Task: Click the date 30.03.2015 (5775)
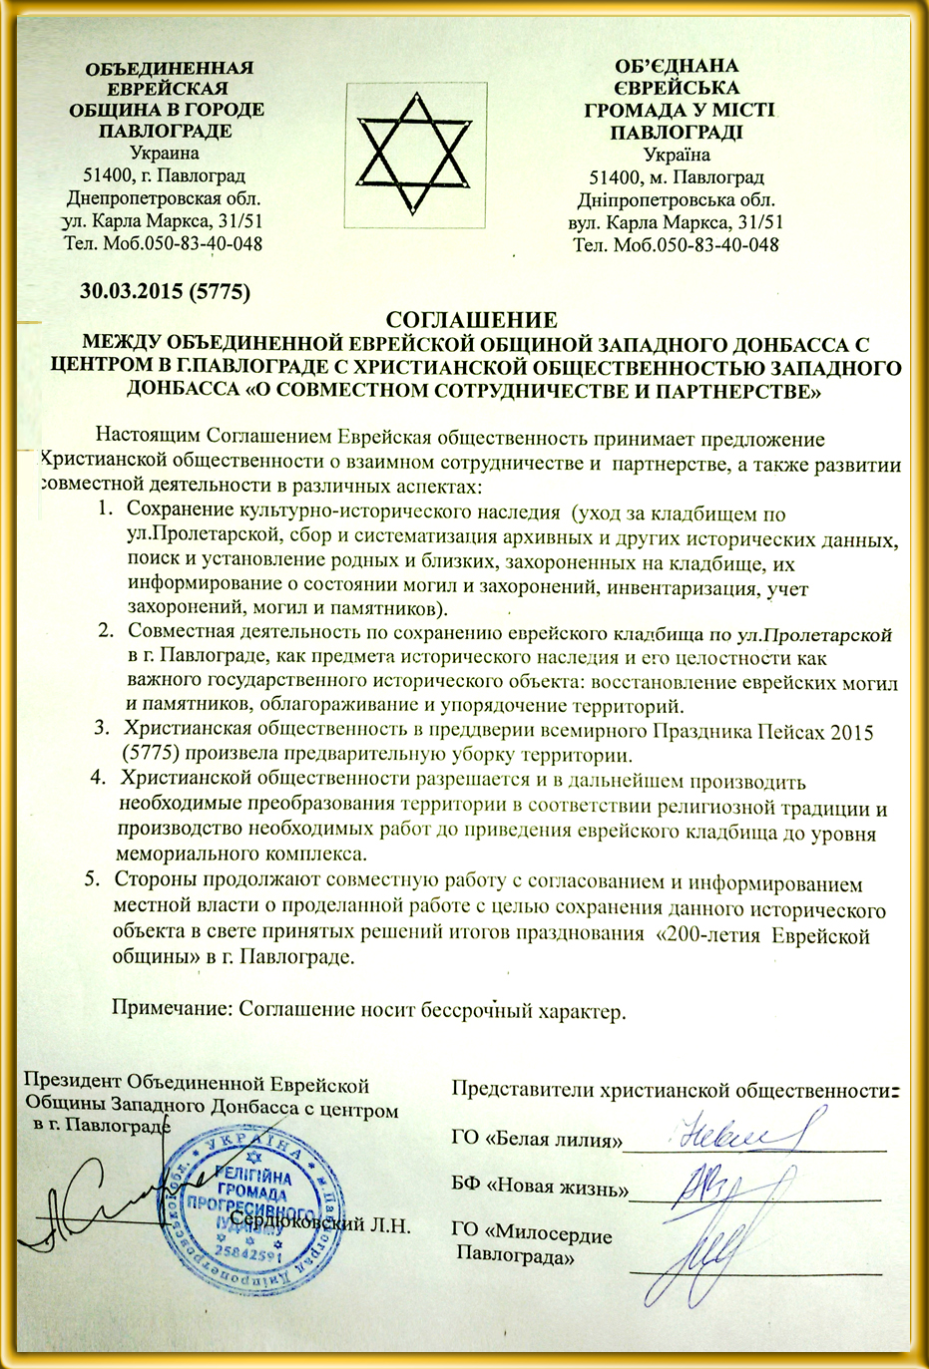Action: click(165, 291)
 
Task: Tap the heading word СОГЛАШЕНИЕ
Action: click(470, 320)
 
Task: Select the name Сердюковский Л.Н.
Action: click(320, 1224)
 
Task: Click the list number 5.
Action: click(91, 880)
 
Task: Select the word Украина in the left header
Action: click(165, 154)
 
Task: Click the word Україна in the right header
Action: click(677, 155)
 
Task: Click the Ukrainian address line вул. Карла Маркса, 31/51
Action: click(676, 221)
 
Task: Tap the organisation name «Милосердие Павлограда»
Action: click(532, 1245)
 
